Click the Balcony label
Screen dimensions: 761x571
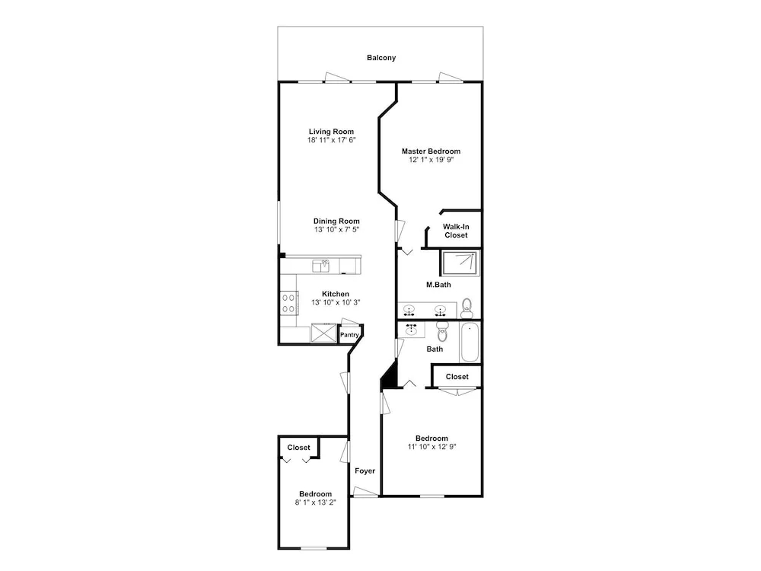point(381,58)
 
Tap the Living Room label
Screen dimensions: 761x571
point(332,132)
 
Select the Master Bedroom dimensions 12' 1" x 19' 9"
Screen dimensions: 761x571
point(431,160)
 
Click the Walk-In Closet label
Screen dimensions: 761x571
point(456,231)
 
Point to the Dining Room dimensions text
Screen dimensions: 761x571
point(336,230)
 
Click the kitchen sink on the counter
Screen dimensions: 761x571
point(321,266)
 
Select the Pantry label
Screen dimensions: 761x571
point(349,335)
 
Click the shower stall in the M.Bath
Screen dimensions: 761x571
point(460,263)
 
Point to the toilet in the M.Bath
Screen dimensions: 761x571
point(466,308)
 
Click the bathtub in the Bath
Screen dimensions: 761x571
point(470,342)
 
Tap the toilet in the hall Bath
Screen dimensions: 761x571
point(442,332)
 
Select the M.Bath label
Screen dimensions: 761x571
point(439,285)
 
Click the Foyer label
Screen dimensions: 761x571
point(365,471)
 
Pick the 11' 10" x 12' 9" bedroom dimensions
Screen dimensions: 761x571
point(432,447)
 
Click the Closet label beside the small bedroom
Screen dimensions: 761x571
point(298,448)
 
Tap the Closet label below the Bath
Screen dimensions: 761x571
point(457,377)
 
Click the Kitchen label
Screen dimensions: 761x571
point(336,294)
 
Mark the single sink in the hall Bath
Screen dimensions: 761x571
point(412,330)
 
